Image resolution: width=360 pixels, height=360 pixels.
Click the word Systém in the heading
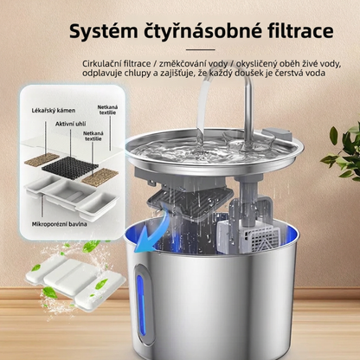tap(103, 31)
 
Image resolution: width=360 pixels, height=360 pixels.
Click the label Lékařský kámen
tap(54, 111)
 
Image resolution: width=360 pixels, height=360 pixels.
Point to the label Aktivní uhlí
tap(71, 124)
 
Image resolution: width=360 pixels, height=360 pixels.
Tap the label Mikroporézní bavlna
tap(59, 224)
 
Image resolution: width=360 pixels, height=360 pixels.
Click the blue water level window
tap(141, 305)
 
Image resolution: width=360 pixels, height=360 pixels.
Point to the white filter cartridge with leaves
tap(75, 281)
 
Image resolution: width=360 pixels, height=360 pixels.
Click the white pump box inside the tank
tap(247, 236)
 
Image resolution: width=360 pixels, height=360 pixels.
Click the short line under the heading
tap(201, 49)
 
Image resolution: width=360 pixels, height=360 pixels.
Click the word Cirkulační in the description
tap(100, 63)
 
